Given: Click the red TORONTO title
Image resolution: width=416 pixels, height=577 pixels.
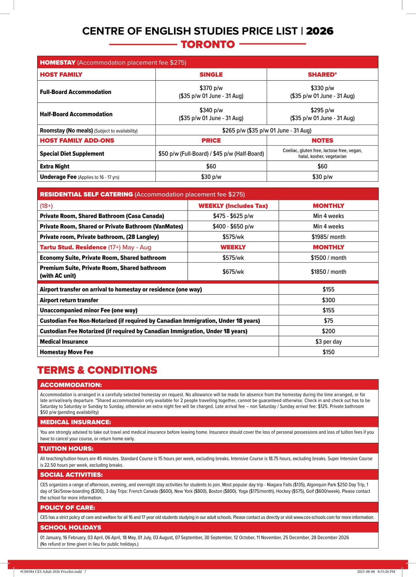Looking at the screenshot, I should coord(208,44).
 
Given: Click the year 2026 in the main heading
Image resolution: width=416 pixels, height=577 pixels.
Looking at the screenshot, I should coord(319,31).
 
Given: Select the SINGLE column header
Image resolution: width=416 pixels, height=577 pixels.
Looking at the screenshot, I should coord(211,74).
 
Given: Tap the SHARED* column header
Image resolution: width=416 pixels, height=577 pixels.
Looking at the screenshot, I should coord(322,74).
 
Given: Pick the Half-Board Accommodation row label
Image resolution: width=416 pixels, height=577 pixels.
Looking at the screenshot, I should coord(76,114).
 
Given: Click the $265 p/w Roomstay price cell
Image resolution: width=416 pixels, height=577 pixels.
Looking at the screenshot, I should coord(267,130).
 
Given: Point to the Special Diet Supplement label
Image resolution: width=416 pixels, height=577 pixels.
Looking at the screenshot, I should coord(72,153).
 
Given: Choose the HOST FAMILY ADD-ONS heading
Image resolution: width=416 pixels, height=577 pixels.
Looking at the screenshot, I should coord(77,140).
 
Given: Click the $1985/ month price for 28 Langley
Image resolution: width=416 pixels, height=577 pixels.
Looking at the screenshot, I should coord(328,237).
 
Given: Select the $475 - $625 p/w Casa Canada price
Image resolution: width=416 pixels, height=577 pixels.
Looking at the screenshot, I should coord(233,216).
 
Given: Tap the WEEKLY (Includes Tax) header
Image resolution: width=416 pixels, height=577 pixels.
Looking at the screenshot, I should coord(233,206).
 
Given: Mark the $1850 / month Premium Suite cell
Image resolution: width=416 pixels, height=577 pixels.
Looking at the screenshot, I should coord(328,272).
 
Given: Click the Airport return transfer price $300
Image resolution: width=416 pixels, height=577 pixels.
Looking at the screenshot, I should coord(328,300).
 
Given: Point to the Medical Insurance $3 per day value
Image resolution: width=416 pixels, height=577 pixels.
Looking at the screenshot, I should coord(328,341).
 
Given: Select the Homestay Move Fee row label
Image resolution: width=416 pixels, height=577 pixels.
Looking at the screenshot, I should coord(67,352).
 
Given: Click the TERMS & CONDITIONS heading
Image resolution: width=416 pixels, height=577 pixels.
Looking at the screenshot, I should coord(97,370).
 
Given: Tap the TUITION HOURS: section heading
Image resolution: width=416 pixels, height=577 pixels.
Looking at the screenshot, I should coord(67,448).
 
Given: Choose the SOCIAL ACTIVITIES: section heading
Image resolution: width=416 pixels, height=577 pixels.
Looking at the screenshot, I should coord(71,475).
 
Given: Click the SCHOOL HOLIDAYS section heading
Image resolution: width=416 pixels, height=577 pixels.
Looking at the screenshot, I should coord(70,527).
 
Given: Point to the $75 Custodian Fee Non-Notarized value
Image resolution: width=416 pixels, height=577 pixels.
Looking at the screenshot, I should coord(328,320).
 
